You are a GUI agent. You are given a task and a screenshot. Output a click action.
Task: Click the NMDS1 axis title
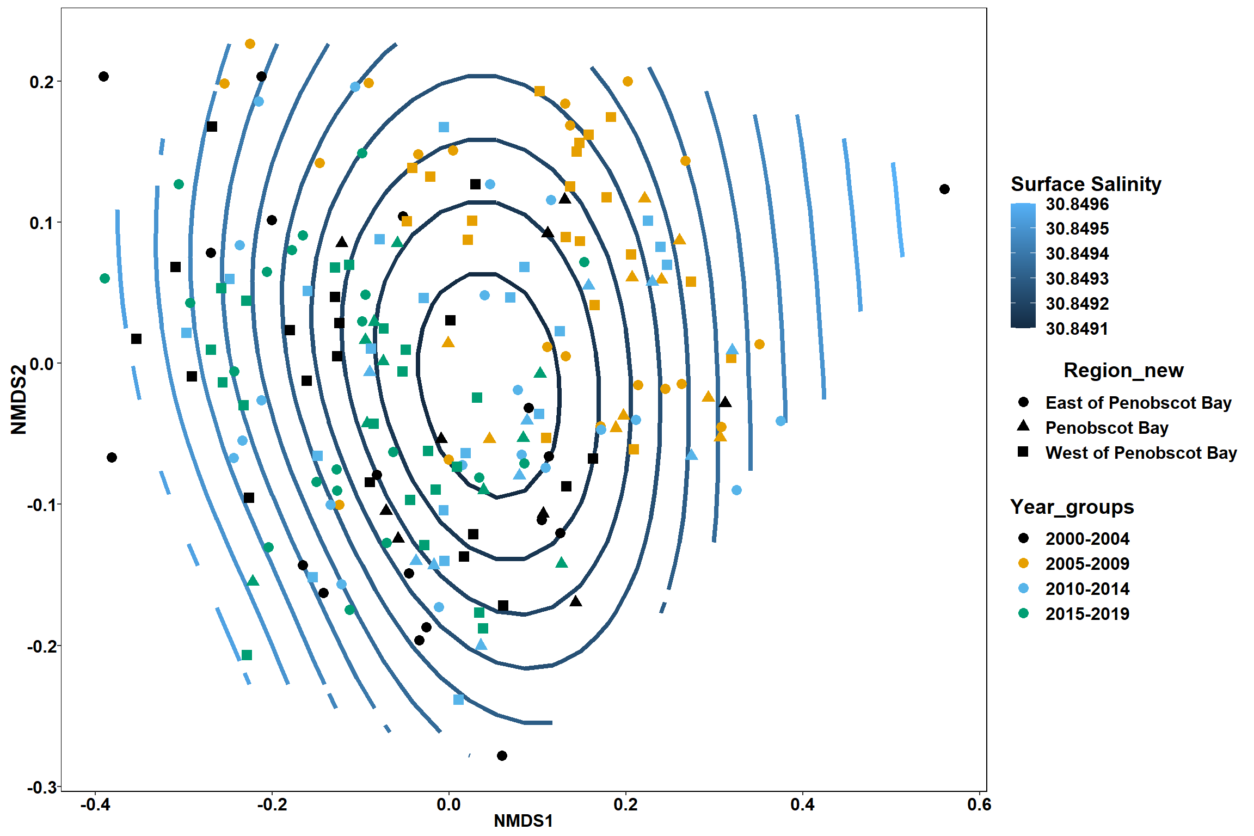(x=523, y=821)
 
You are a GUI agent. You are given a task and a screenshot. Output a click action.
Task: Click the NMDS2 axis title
(x=19, y=399)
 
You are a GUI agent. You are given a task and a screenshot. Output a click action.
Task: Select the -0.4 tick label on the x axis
(x=95, y=804)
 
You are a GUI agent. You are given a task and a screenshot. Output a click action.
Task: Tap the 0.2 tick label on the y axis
(x=41, y=82)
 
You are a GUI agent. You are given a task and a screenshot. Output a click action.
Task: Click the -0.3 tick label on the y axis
(x=41, y=787)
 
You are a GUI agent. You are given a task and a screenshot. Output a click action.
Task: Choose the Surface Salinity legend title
(x=1086, y=184)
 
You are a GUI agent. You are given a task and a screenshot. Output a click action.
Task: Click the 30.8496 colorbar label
(x=1077, y=204)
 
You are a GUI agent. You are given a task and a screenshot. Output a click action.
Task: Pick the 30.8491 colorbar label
(x=1077, y=329)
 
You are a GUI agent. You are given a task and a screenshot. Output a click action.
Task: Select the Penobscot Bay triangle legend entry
(x=1023, y=426)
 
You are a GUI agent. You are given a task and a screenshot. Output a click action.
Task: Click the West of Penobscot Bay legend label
(x=1141, y=453)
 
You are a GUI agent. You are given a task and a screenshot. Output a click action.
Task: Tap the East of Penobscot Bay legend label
(x=1139, y=403)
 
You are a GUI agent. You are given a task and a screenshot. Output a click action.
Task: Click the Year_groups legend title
(x=1072, y=507)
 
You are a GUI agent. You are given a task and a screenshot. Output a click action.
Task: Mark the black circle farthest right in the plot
(x=944, y=189)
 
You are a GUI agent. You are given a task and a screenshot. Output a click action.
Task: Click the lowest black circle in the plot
(x=502, y=755)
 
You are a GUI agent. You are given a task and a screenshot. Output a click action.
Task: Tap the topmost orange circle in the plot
(x=250, y=44)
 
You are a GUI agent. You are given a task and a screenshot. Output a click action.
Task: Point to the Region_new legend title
(x=1123, y=371)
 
